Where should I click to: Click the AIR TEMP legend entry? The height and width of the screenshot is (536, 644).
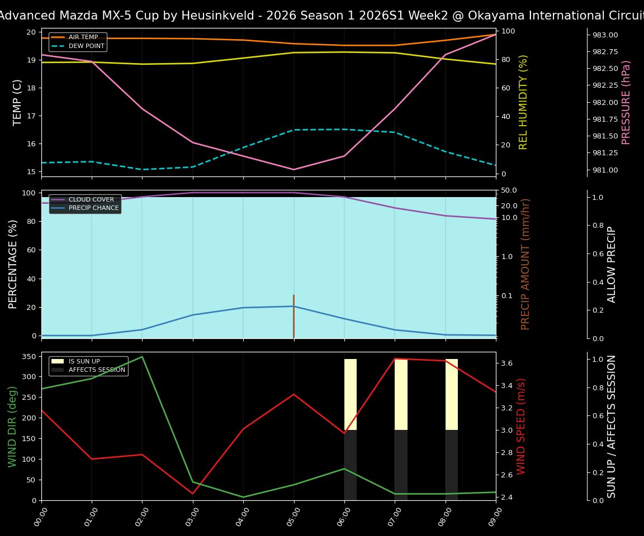(x=83, y=37)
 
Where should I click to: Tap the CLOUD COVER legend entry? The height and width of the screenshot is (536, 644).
(x=91, y=199)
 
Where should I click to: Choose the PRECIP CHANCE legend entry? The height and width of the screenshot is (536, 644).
(x=93, y=208)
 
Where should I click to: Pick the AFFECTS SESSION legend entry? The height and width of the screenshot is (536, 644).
(x=97, y=370)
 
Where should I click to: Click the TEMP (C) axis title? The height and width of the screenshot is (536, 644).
(x=18, y=102)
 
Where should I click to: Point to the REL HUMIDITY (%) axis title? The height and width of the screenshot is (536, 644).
(x=523, y=102)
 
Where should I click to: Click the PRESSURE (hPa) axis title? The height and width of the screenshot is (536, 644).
(x=626, y=102)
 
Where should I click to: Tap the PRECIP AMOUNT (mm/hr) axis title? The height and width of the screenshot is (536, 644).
(x=525, y=264)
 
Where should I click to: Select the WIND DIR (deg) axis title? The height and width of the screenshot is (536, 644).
(x=12, y=426)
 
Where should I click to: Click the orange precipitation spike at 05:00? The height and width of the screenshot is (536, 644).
(x=293, y=316)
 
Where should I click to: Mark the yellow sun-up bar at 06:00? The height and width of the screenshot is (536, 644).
(x=351, y=394)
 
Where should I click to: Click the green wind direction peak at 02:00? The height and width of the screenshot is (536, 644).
(x=142, y=357)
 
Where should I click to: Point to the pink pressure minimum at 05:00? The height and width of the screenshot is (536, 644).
(x=293, y=169)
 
